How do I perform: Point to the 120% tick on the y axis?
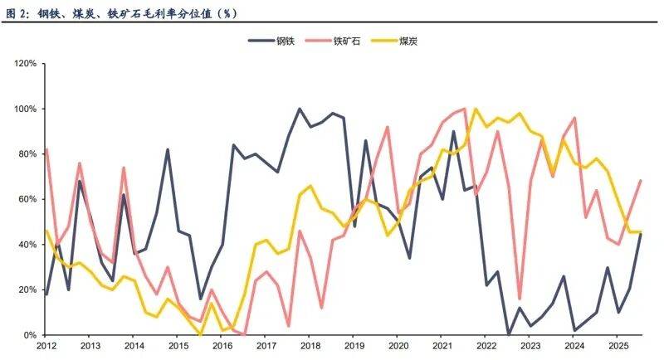click(x=22, y=64)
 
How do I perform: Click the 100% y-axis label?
click(x=22, y=109)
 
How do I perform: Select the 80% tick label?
click(x=25, y=154)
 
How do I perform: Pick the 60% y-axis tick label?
click(x=25, y=200)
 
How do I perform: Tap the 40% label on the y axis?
click(x=25, y=245)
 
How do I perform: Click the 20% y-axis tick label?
click(x=25, y=290)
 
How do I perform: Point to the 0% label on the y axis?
click(x=27, y=335)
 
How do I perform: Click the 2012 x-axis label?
click(x=46, y=346)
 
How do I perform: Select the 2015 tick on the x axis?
click(x=178, y=346)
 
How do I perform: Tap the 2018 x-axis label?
click(x=310, y=346)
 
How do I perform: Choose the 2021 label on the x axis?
click(x=442, y=346)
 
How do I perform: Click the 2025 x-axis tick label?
click(x=618, y=346)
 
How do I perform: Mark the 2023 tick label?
click(x=530, y=346)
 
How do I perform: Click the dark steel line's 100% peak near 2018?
click(x=300, y=109)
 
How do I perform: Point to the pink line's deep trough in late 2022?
click(x=520, y=298)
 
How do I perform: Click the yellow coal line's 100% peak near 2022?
click(x=476, y=109)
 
